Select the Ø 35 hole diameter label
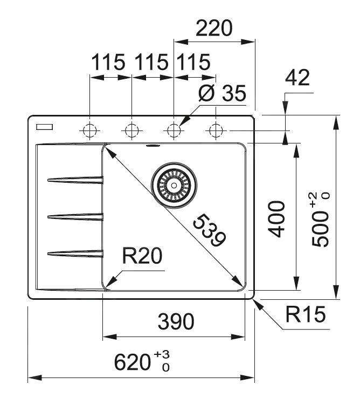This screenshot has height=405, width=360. click(x=221, y=94)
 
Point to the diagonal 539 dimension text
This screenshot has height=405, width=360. click(x=209, y=230)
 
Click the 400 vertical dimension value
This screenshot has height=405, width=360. click(x=276, y=218)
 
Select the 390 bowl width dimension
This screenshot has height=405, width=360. click(x=176, y=322)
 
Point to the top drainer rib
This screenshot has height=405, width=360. click(x=75, y=180)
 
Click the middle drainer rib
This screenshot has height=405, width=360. click(x=75, y=217)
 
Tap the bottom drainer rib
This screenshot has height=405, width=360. click(x=75, y=252)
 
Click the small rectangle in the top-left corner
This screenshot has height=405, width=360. click(x=44, y=127)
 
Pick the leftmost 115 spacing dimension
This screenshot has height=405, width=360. click(x=108, y=63)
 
